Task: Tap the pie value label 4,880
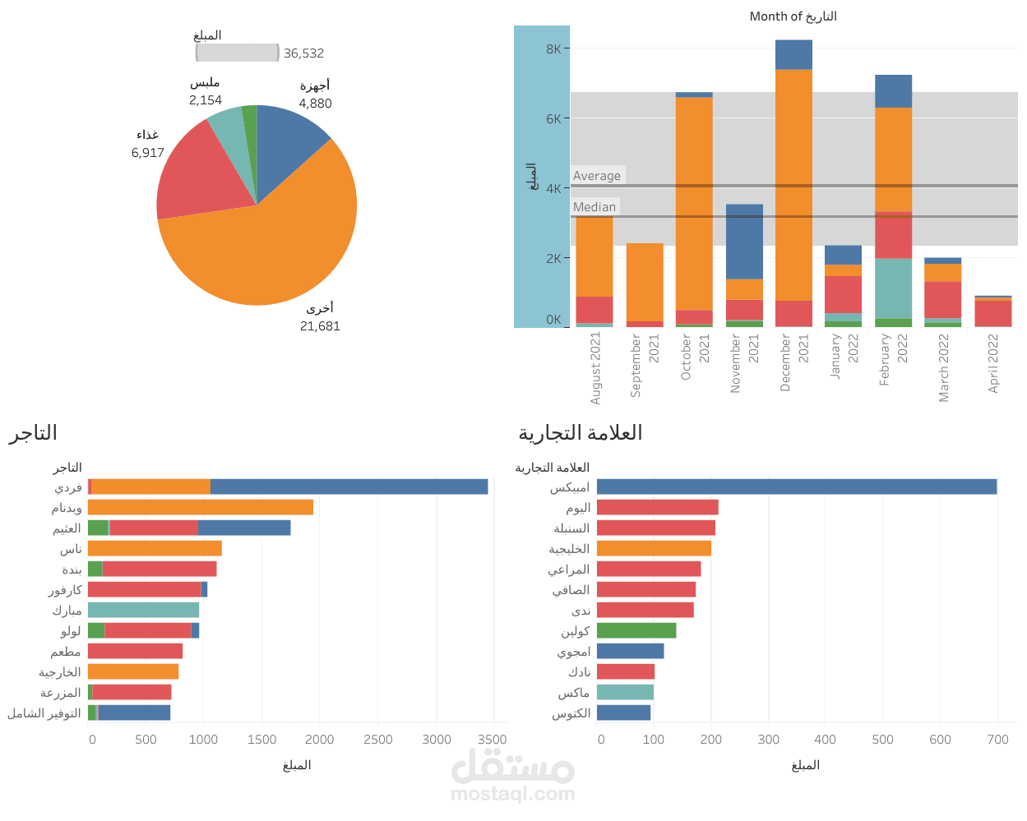tap(315, 104)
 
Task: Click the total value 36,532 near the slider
tap(303, 53)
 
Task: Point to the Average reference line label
tap(597, 176)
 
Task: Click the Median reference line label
tap(594, 207)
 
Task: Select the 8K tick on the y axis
tap(553, 49)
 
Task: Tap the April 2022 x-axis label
tap(993, 362)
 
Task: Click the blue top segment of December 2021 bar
tap(793, 55)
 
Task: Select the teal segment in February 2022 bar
tap(893, 288)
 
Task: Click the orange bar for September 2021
tap(645, 282)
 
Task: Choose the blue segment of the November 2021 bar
tap(744, 242)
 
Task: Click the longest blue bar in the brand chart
tap(796, 487)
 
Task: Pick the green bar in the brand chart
tap(636, 631)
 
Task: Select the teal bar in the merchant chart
tap(143, 610)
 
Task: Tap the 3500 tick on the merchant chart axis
tap(493, 740)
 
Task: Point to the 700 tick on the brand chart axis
tap(997, 740)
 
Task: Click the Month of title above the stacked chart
tap(793, 16)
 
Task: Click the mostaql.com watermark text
tap(512, 794)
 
